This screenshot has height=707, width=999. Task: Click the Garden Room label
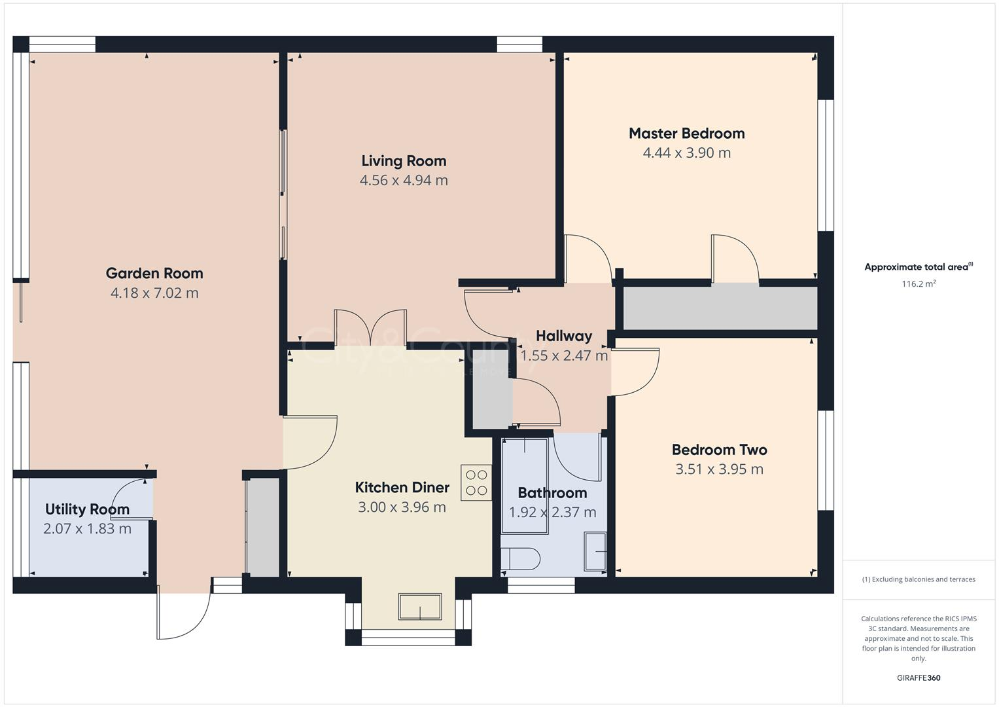[154, 273]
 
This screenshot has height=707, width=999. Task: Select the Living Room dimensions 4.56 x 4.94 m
[404, 180]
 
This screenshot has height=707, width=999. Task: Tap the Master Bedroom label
[686, 134]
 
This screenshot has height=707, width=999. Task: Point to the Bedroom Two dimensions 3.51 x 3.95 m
[719, 469]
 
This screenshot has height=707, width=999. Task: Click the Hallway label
[563, 336]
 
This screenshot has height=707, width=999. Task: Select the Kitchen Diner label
[402, 488]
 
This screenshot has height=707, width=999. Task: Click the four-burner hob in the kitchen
[476, 482]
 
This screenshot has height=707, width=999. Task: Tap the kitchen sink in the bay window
[419, 607]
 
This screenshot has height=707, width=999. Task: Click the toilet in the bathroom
[520, 559]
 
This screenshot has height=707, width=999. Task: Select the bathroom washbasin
[595, 551]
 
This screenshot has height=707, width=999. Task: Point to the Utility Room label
[87, 509]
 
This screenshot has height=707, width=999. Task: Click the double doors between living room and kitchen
[370, 327]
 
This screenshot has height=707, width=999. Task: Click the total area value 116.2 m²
[918, 284]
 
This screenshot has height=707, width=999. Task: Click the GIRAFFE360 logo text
[918, 678]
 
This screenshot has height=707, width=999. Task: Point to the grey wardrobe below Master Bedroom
[720, 308]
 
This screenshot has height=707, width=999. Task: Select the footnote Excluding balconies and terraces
[918, 579]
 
